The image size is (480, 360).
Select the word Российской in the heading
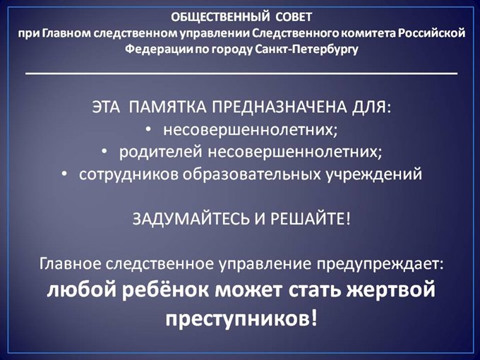point(433,33)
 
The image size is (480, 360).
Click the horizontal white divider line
point(241,73)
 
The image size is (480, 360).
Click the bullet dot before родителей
point(104,152)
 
